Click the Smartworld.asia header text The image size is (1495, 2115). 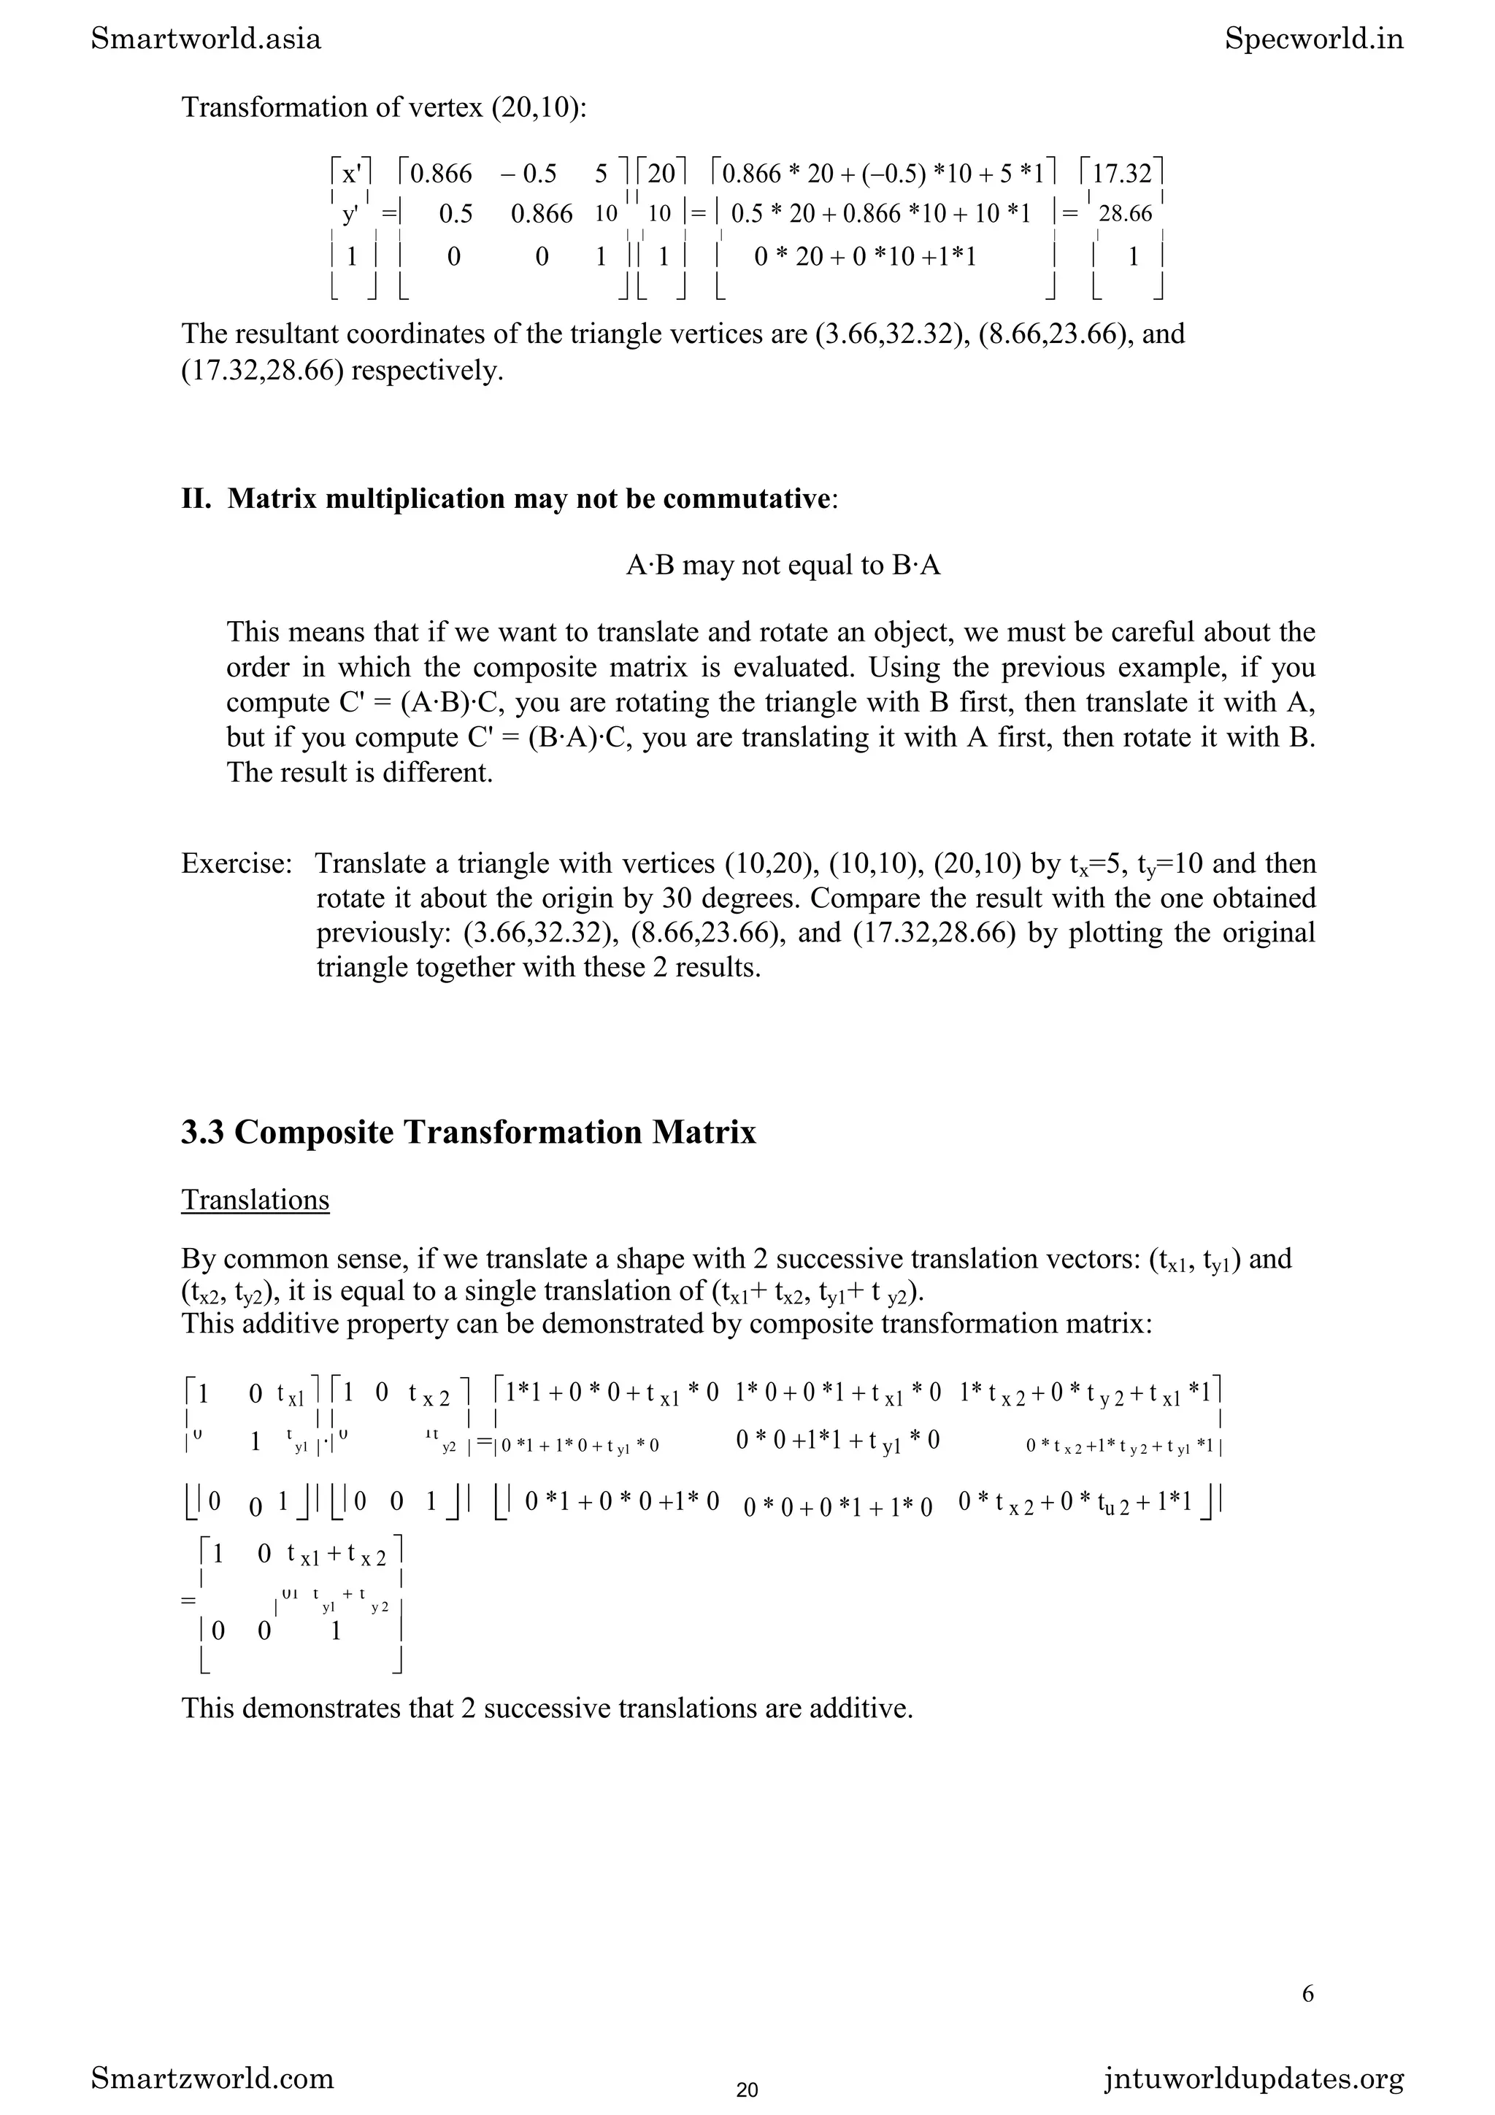coord(207,39)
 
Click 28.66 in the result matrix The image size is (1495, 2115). coord(1126,215)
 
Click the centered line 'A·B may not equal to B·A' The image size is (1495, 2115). coord(783,565)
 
